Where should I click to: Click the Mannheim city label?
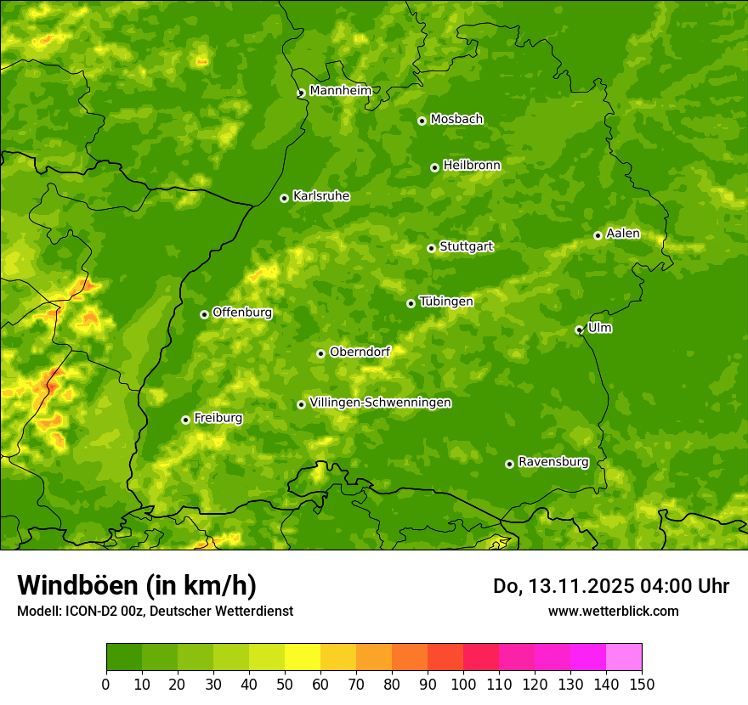(340, 91)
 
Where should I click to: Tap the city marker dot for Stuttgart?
(431, 248)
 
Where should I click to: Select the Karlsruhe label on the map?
(320, 196)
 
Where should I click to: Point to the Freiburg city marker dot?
(185, 420)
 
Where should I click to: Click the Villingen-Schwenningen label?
(380, 403)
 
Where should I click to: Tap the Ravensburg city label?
(552, 462)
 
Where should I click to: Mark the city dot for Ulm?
(579, 330)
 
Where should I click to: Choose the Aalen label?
(622, 234)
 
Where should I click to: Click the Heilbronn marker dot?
(434, 167)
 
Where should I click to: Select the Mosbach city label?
(456, 119)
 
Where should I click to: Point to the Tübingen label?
(445, 302)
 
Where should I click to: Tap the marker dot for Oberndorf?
(320, 353)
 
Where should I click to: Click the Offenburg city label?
(241, 313)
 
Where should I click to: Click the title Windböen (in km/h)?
(136, 585)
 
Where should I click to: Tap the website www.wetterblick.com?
(613, 611)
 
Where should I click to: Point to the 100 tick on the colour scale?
(463, 684)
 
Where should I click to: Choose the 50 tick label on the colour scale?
(285, 684)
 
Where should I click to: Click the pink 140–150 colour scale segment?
(624, 657)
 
